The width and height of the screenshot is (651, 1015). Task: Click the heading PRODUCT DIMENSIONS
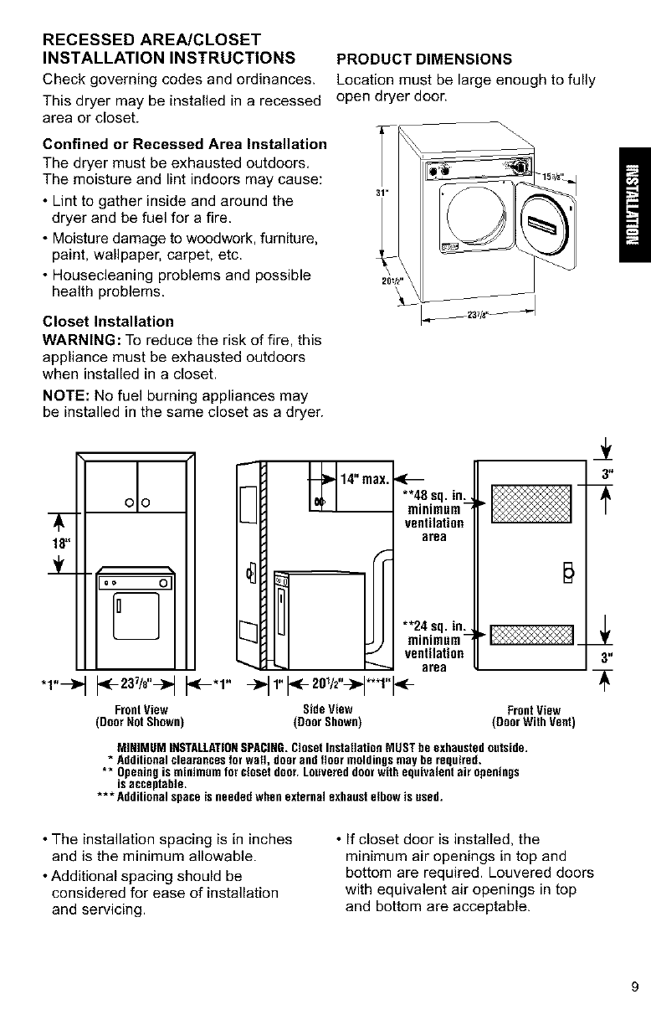point(423,59)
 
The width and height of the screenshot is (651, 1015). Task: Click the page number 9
point(635,985)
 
